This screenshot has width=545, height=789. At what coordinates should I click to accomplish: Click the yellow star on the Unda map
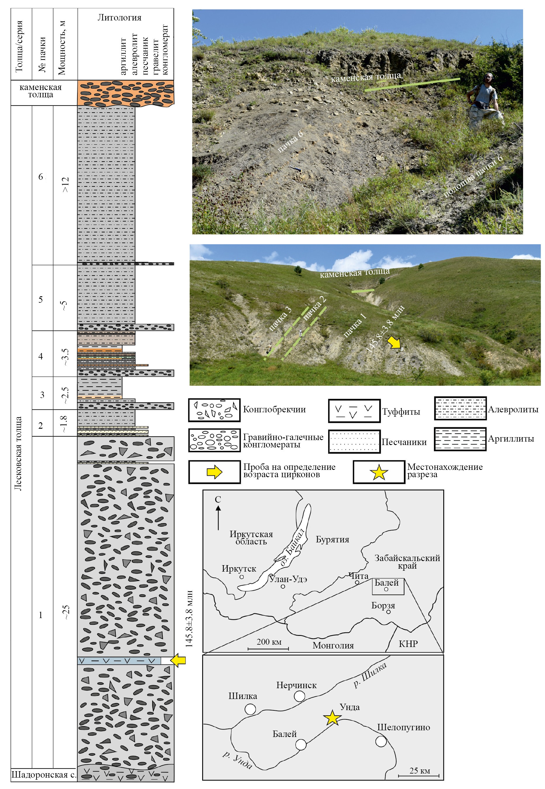332,718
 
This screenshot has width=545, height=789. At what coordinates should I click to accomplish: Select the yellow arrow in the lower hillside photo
395,342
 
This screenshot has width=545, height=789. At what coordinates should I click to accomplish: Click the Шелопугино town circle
381,742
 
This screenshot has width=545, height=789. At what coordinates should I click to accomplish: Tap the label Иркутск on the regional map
239,568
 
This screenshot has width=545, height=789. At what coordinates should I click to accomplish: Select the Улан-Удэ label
288,579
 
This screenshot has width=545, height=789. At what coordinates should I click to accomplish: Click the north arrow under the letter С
218,518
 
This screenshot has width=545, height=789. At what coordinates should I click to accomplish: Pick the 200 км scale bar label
269,642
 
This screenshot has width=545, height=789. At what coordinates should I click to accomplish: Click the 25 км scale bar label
420,771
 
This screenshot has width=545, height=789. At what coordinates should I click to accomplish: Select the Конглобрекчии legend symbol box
214,410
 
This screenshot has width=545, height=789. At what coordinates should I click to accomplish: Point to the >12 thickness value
65,185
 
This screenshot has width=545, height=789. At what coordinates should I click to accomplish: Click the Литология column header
120,18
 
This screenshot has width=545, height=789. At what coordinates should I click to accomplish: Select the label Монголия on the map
333,645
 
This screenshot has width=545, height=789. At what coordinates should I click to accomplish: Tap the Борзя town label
383,605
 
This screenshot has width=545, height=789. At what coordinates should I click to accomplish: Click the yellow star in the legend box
379,473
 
